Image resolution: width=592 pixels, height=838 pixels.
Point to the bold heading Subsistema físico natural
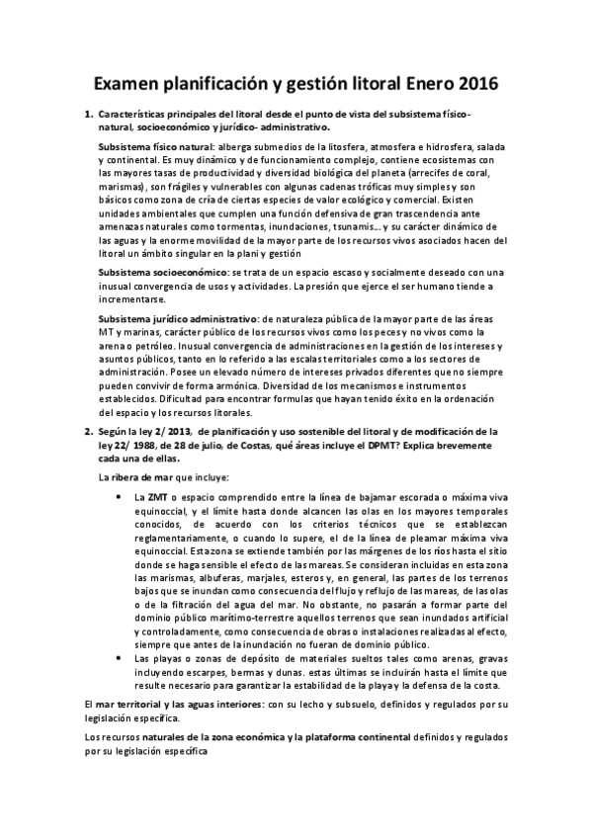click(x=163, y=144)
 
